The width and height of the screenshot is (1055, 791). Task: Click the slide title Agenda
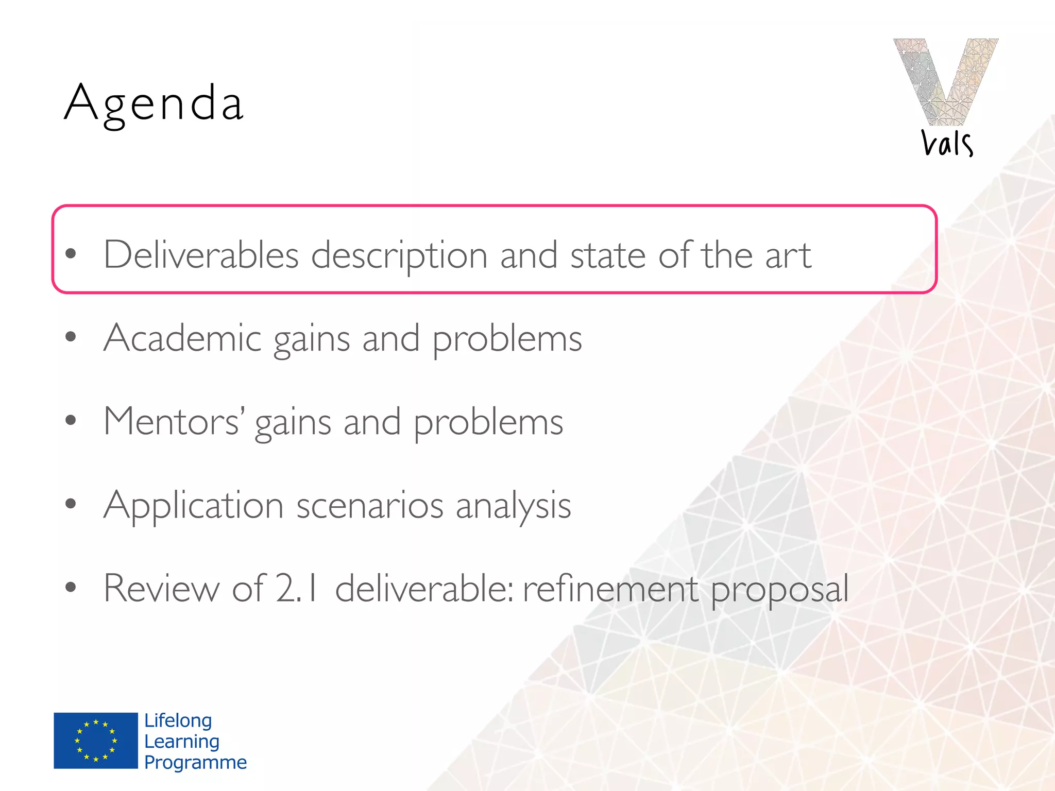[154, 104]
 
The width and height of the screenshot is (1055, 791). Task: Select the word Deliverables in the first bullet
[201, 254]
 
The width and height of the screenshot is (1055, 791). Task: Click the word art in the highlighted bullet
[788, 255]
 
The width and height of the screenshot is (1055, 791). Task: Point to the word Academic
[182, 338]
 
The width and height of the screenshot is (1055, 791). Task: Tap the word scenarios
[369, 506]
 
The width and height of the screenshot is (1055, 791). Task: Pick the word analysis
[513, 506]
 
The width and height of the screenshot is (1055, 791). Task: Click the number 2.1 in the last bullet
[298, 588]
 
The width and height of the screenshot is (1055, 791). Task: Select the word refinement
[610, 588]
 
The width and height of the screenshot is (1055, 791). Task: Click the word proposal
[779, 590]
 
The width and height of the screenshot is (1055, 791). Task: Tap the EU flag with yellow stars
[96, 741]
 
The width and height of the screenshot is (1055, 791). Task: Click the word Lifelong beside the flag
[178, 721]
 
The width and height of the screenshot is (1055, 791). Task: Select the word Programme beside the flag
[195, 762]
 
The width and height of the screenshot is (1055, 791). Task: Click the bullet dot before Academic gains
[71, 337]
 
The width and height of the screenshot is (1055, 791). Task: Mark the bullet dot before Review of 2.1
[71, 587]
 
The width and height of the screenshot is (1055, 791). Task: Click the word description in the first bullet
[399, 255]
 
